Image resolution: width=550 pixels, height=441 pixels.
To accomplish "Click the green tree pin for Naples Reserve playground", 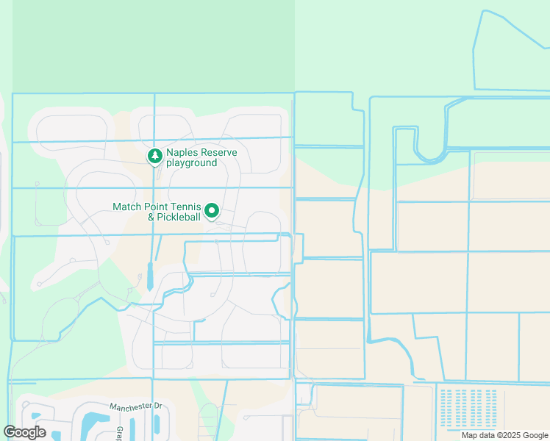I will coord(154,156).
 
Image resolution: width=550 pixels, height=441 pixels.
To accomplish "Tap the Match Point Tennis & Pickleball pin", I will coord(212,212).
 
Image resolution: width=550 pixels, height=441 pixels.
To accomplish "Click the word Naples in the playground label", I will coord(182,153).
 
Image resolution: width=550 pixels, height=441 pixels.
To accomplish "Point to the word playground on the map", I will coord(191,163).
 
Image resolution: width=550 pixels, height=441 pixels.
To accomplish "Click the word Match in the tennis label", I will coord(127,207).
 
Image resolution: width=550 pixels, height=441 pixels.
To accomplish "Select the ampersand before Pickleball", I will coord(151,218).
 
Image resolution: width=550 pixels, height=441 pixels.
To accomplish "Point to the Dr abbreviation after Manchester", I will coord(157,406).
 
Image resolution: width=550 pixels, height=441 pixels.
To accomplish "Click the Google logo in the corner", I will coord(25,432).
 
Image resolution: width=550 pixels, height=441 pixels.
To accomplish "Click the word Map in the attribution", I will coord(468,435).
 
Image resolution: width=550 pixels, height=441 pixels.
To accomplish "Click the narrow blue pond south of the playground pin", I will coord(149,276).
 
